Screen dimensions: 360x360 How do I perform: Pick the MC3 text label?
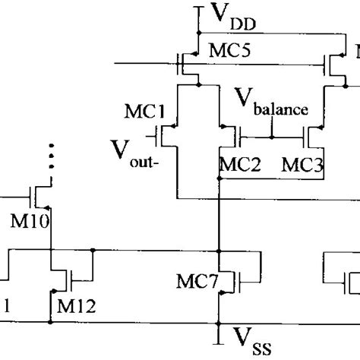tap(302, 164)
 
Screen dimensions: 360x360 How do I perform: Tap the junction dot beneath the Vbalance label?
tap(271, 137)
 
